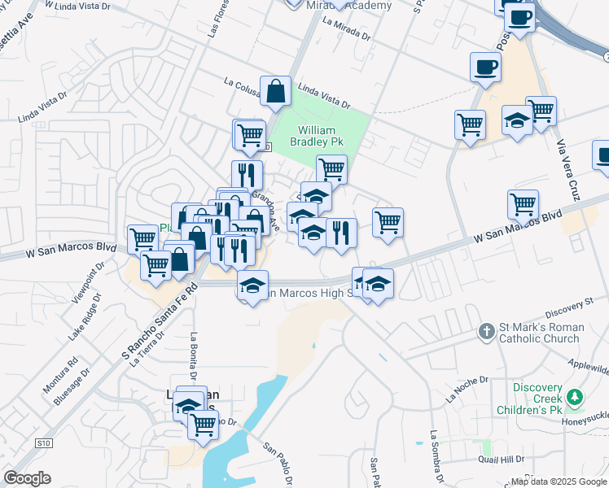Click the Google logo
pyautogui.click(x=27, y=478)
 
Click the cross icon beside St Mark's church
pyautogui.click(x=486, y=331)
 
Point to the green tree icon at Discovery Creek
pyautogui.click(x=576, y=397)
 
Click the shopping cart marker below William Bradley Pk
pyautogui.click(x=331, y=168)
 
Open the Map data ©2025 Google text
pyautogui.click(x=557, y=481)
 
